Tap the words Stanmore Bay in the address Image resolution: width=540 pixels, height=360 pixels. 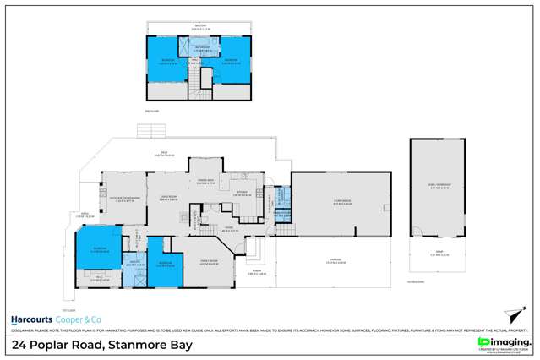(x=157, y=345)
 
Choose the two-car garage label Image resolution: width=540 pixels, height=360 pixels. (x=342, y=203)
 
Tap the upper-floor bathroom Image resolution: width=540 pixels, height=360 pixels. (x=200, y=51)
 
